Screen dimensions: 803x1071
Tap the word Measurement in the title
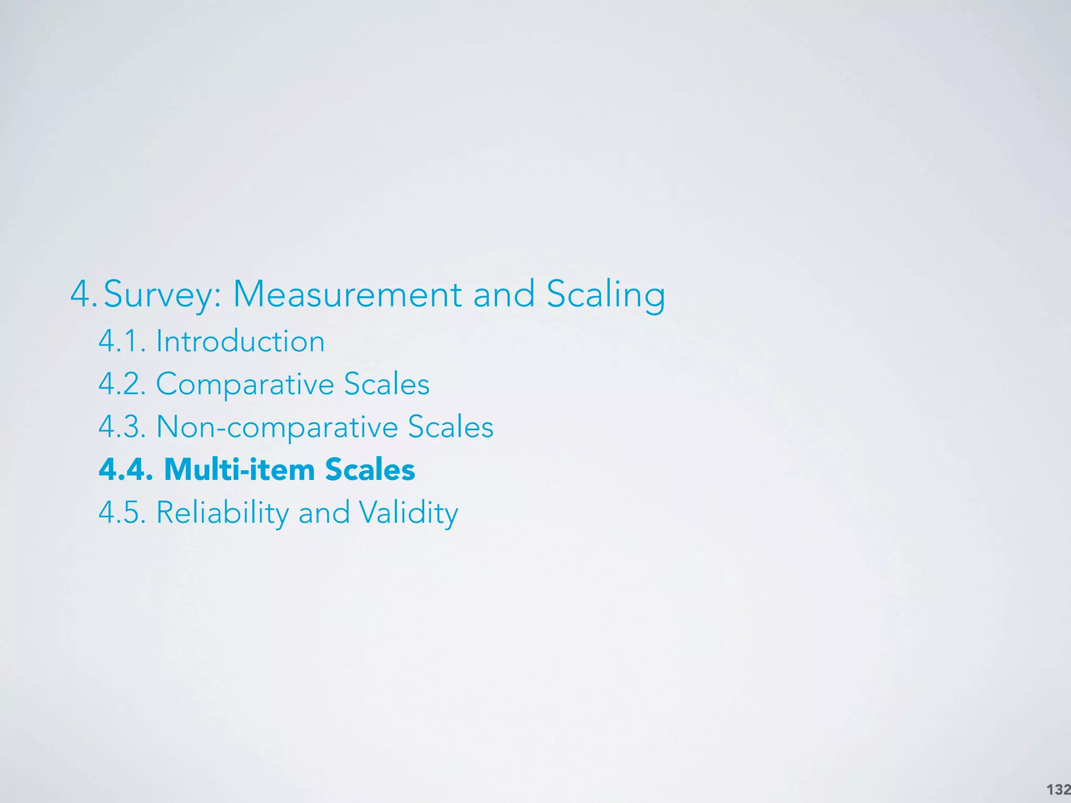click(x=347, y=294)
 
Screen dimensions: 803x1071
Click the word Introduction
click(x=240, y=341)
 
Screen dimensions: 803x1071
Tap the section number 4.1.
click(x=122, y=341)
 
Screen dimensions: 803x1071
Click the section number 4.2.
click(x=122, y=384)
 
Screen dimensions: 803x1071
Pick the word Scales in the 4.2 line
click(x=386, y=384)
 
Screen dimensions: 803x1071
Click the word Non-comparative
click(x=277, y=427)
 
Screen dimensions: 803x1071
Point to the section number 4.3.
click(x=122, y=427)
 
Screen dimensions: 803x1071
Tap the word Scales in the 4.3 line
click(x=450, y=427)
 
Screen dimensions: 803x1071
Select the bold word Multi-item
click(x=238, y=469)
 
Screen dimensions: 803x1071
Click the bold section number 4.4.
click(x=126, y=469)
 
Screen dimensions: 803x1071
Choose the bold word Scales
click(x=370, y=469)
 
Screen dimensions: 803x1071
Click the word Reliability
click(x=222, y=512)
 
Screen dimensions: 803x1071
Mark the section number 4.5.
click(x=122, y=512)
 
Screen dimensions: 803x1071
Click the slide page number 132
click(x=1057, y=789)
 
